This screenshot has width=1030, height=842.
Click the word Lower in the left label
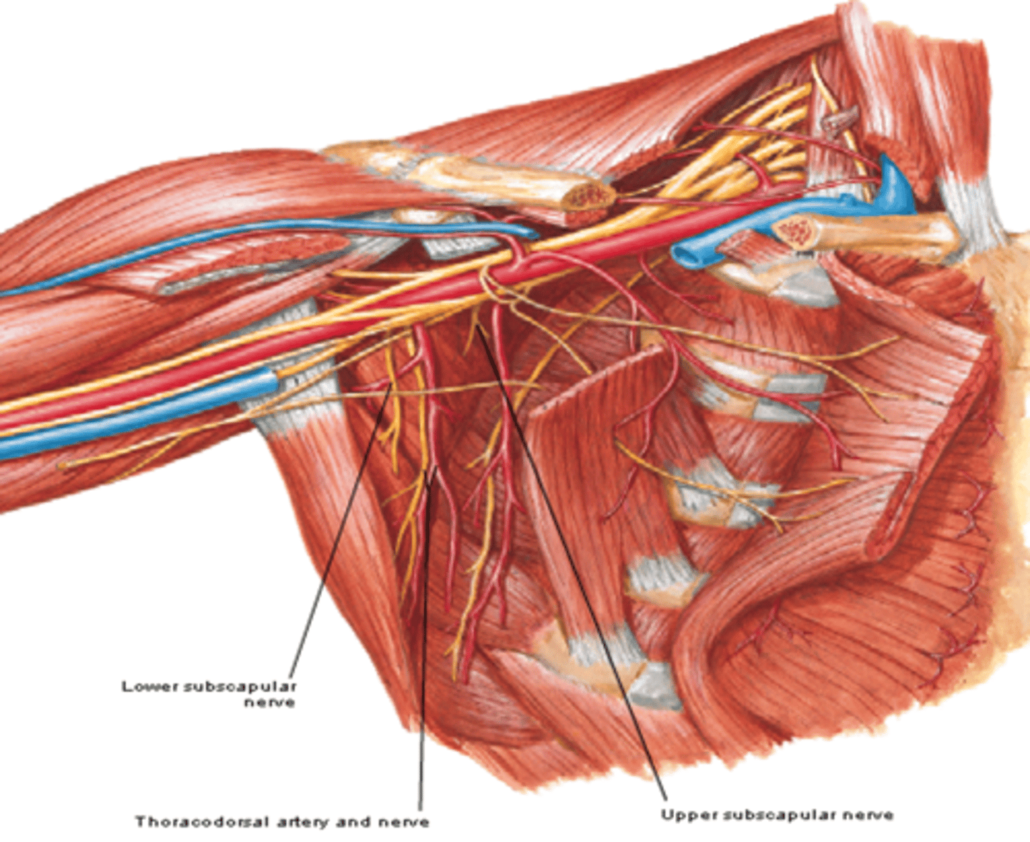150,687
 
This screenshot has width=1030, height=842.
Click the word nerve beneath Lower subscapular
269,703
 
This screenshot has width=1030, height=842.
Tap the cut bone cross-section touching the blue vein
793,230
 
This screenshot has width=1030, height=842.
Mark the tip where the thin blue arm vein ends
533,233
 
